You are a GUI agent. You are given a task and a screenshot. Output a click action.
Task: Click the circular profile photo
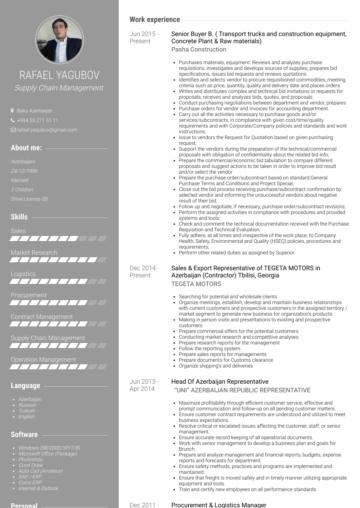[59, 40]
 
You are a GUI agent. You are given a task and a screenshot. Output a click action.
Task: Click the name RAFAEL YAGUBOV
[59, 75]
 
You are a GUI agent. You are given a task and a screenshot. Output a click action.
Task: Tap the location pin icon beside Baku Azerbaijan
[13, 111]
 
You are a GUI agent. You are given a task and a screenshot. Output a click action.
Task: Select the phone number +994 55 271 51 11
[37, 120]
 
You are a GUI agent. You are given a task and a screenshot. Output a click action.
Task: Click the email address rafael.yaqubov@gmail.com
[47, 130]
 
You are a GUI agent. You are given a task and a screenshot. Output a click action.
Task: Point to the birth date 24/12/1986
[24, 171]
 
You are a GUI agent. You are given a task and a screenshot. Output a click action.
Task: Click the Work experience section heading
[155, 20]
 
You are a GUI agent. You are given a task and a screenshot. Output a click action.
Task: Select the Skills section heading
[19, 217]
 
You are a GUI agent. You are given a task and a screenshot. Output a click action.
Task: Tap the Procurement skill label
[28, 295]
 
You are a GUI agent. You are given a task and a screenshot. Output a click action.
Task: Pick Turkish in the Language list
[27, 411]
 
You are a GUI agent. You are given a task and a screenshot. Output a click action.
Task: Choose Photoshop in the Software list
[31, 459]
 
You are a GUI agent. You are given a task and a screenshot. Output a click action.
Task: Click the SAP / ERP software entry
[30, 477]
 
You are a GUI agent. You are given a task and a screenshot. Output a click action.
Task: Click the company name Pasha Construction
[199, 49]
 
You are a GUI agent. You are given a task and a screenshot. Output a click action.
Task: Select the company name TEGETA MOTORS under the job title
[196, 284]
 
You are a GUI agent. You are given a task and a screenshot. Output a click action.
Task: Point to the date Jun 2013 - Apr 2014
[143, 385]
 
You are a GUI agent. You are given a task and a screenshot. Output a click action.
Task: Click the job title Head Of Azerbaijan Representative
[220, 382]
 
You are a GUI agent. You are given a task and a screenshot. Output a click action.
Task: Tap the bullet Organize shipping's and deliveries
[216, 366]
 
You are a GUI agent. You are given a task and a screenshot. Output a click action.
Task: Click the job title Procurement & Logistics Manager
[219, 505]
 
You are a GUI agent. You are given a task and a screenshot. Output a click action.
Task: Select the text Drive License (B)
[29, 199]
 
